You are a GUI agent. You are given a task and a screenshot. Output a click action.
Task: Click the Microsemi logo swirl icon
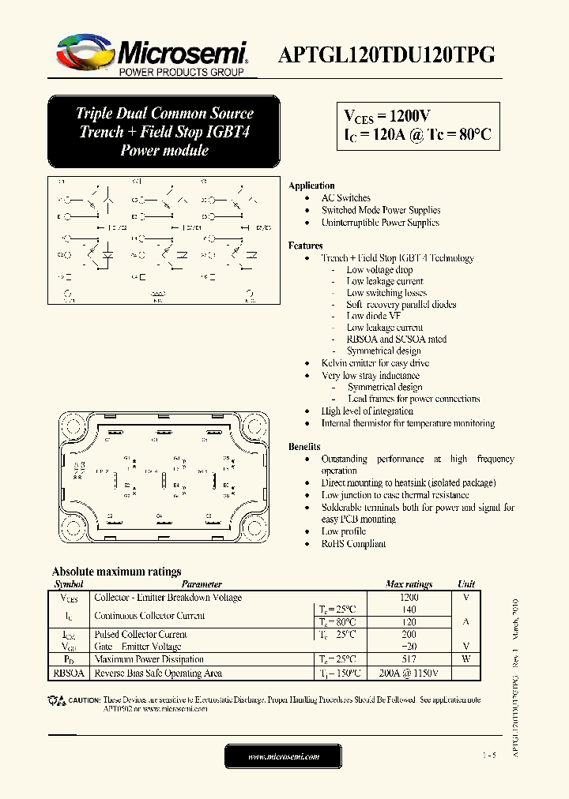pos(82,51)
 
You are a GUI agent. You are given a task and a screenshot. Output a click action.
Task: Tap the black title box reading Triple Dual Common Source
pos(164,132)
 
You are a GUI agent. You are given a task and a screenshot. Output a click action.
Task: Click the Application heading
pos(311,186)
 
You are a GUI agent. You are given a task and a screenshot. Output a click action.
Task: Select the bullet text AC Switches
pos(345,198)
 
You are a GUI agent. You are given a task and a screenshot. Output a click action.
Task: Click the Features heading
pos(305,246)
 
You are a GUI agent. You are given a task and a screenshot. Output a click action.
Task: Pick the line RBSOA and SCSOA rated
pos(396,339)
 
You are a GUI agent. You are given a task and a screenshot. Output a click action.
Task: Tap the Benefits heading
pos(304,447)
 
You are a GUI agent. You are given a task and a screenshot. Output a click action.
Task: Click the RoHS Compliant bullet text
pos(353,544)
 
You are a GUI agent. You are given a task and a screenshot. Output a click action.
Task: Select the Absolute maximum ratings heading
pos(116,572)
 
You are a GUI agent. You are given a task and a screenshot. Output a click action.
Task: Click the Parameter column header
pos(202,585)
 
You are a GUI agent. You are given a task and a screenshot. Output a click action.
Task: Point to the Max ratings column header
pos(409,585)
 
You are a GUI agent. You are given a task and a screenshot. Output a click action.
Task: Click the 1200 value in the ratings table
pos(409,598)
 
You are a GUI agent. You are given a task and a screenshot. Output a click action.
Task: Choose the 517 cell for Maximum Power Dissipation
pos(409,659)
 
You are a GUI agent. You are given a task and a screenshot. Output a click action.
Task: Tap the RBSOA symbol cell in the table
pos(68,673)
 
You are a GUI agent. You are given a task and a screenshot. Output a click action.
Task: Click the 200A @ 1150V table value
pos(409,673)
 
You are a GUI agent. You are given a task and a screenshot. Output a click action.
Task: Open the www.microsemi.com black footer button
pos(284,756)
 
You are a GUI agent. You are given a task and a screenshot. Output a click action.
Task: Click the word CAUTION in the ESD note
pos(85,700)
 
